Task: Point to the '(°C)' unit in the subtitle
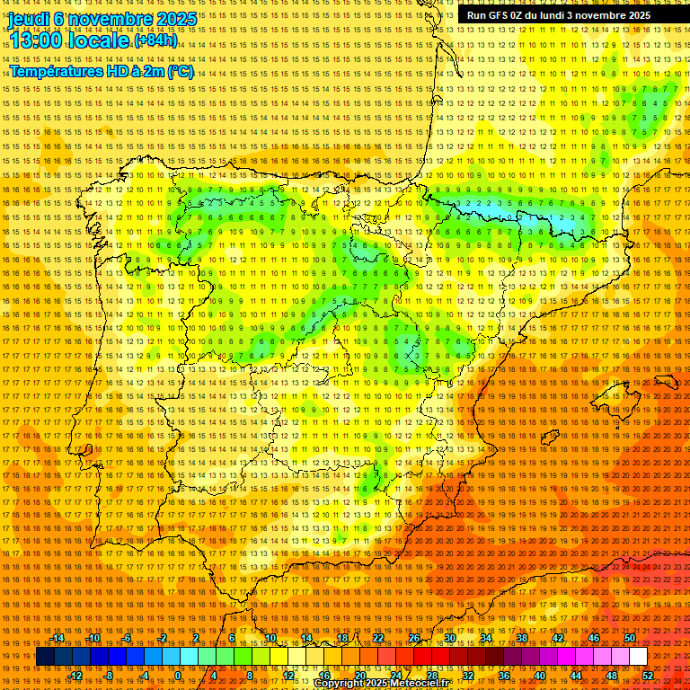(x=180, y=71)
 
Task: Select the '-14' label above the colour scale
(x=58, y=638)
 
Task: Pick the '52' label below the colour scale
(x=648, y=676)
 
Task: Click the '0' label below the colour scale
(x=178, y=676)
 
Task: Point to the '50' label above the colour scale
(x=630, y=638)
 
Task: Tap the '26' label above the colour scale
(x=414, y=638)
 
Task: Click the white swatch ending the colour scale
(x=638, y=657)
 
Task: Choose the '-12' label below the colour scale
(x=75, y=676)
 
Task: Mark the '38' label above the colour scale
(x=522, y=638)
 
